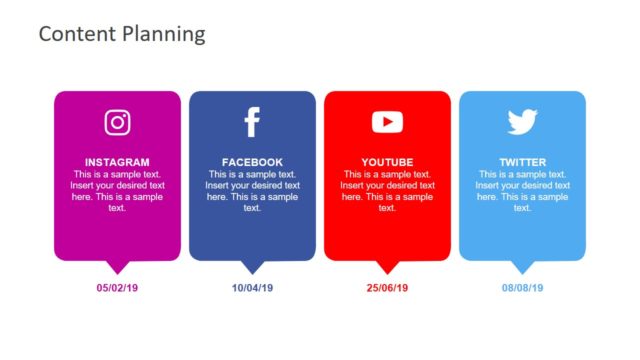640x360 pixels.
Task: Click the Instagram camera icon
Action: click(x=117, y=122)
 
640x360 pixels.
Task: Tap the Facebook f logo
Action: click(x=252, y=122)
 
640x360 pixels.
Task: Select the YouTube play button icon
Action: click(x=387, y=122)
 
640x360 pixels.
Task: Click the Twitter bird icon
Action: click(x=522, y=122)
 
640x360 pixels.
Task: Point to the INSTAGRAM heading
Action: click(x=117, y=162)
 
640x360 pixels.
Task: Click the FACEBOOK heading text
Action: click(x=252, y=162)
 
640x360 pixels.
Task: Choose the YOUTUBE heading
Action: click(x=387, y=162)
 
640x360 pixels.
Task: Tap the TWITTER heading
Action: click(x=522, y=162)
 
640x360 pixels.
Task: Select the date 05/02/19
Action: click(x=117, y=288)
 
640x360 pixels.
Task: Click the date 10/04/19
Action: click(x=252, y=288)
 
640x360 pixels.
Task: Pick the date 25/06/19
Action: click(x=387, y=288)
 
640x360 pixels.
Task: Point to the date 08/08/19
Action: click(x=522, y=288)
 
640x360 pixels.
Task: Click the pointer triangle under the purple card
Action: click(x=118, y=266)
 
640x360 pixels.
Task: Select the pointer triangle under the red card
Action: click(x=387, y=266)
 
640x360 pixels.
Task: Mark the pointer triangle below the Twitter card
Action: click(x=522, y=266)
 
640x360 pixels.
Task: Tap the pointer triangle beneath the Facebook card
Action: click(x=252, y=266)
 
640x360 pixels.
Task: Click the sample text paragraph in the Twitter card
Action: click(x=522, y=191)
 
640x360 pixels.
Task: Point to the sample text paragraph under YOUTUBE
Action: click(x=387, y=191)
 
